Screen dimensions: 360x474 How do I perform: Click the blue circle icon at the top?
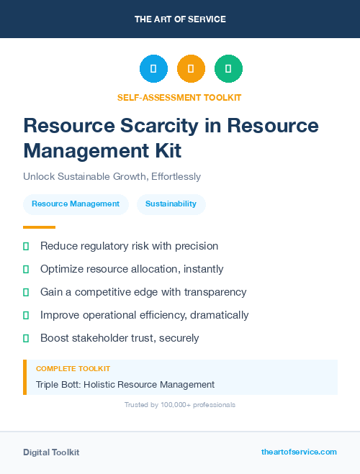pyautogui.click(x=153, y=68)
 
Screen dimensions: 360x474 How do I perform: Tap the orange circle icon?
pyautogui.click(x=191, y=68)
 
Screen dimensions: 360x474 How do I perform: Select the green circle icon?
pyautogui.click(x=228, y=68)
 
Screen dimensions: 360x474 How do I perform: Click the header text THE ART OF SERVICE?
pyautogui.click(x=180, y=19)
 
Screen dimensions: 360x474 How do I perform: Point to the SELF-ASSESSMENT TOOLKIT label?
pyautogui.click(x=180, y=97)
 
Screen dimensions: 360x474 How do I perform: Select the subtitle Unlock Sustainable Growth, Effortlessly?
pyautogui.click(x=112, y=176)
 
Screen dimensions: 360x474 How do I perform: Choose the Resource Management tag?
pyautogui.click(x=76, y=204)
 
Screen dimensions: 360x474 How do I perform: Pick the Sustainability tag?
pyautogui.click(x=171, y=204)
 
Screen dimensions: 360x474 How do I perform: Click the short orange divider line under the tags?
pyautogui.click(x=35, y=227)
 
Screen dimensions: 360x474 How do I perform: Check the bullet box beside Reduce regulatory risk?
pyautogui.click(x=26, y=246)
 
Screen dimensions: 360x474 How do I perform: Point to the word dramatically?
pyautogui.click(x=216, y=315)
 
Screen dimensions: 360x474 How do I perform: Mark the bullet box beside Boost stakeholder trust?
pyautogui.click(x=26, y=338)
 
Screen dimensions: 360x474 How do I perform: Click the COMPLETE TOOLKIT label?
pyautogui.click(x=68, y=369)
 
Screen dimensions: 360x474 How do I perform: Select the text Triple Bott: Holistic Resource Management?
pyautogui.click(x=125, y=384)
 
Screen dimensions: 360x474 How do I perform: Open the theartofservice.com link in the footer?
pyautogui.click(x=299, y=452)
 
